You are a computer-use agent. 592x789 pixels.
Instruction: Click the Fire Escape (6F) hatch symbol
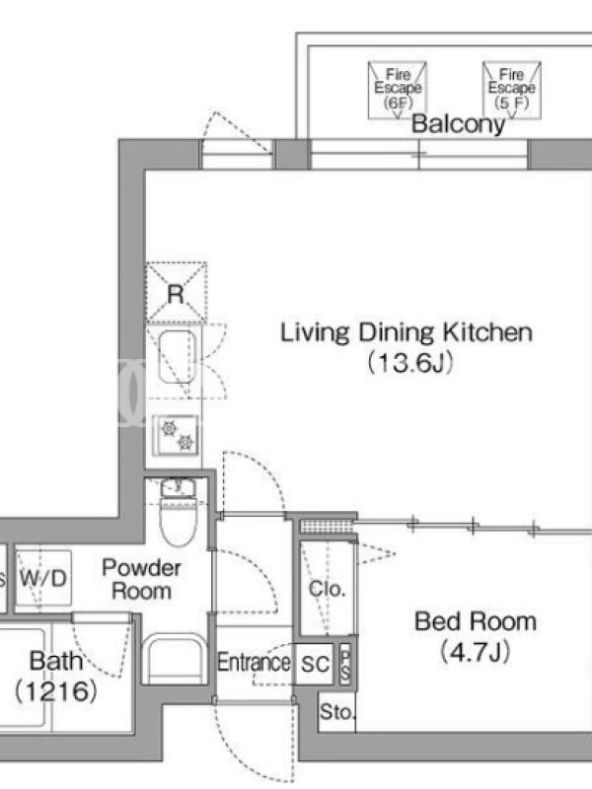point(398,90)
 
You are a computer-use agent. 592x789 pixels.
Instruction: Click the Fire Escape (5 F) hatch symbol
point(511,90)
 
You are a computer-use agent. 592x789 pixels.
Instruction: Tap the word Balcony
point(458,124)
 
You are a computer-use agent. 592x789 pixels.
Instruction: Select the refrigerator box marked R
point(177,292)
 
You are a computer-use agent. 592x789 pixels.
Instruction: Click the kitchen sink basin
point(178,357)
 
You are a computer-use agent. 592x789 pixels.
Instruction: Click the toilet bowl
point(177,520)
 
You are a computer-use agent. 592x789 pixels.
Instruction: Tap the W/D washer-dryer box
point(42,578)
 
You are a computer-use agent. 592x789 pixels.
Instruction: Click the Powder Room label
point(141,579)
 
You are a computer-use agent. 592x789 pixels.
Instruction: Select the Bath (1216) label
point(55,676)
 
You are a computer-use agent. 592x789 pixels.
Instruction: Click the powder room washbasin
point(175,658)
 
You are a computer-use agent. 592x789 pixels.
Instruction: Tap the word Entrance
point(254,662)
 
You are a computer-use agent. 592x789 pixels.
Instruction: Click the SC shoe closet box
point(314,664)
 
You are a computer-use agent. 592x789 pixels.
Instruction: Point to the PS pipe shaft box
point(345,664)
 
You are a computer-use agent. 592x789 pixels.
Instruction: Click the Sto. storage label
point(337,712)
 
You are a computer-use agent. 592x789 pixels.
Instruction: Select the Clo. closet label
point(327,588)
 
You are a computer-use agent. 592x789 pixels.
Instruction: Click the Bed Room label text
point(476,622)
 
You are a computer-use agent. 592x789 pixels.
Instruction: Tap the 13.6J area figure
point(410,362)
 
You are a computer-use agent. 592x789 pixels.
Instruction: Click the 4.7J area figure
point(476,652)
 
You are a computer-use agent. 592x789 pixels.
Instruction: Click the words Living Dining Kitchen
point(407,332)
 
